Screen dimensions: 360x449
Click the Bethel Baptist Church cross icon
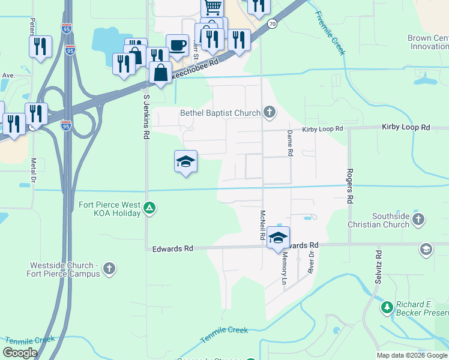pos(270,112)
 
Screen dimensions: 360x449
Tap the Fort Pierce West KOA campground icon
pos(149,209)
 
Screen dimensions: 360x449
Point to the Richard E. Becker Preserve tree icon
pos(387,308)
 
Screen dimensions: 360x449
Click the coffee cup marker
pos(177,45)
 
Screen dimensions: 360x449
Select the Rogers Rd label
pos(349,185)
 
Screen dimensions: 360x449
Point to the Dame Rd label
pos(289,143)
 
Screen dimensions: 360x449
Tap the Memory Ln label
pos(285,268)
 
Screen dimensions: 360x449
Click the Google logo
pos(20,353)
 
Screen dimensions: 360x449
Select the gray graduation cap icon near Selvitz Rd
pos(426,249)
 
